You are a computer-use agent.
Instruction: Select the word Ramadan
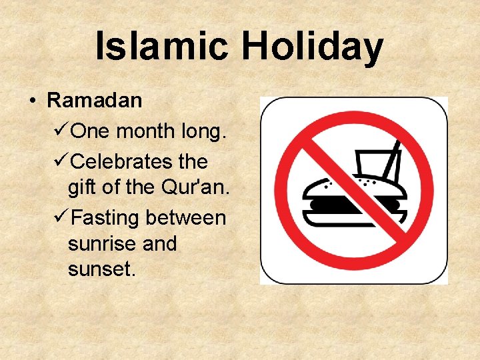click(95, 101)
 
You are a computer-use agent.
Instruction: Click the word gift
click(81, 188)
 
